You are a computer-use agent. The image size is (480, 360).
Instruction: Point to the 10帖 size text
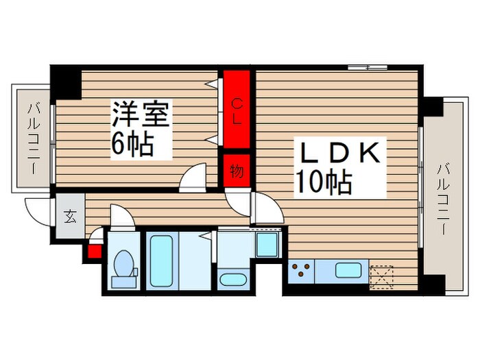[324, 182]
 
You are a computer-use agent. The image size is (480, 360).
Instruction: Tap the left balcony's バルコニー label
[33, 137]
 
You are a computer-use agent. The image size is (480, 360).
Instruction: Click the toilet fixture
[124, 267]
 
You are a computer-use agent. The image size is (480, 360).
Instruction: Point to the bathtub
[162, 261]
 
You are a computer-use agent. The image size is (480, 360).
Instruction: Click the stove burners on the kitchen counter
[301, 271]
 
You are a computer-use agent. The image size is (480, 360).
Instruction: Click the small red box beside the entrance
[93, 250]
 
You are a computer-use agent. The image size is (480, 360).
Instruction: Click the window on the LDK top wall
[368, 67]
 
